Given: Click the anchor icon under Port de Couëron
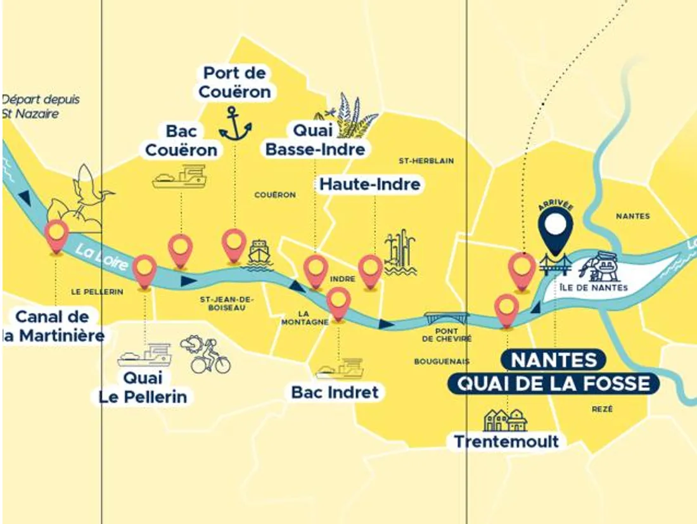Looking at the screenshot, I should pos(235,124).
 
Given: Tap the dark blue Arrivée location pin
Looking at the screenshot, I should pos(556,227).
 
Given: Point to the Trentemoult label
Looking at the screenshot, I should pos(508,441).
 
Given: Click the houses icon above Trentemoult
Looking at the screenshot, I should pos(505,419).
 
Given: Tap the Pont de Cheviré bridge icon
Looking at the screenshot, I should pos(447,317).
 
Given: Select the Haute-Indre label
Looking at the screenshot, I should pos(370,184).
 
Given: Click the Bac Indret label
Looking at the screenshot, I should pos(335,392).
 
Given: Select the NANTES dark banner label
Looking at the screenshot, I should pos(554,359).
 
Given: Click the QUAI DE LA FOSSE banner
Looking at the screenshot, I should pos(553,383).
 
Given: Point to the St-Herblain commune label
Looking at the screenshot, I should pos(426,161).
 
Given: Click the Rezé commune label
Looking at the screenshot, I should pos(602,409).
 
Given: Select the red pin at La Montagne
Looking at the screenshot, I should pos(339,303).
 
